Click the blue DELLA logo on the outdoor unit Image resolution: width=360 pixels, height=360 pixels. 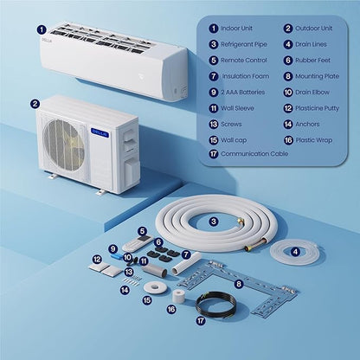pos(100,132)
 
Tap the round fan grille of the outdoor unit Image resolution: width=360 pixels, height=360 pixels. pos(64,145)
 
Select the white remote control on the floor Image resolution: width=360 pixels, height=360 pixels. pos(137,243)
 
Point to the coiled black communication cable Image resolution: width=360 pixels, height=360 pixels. pos(215,305)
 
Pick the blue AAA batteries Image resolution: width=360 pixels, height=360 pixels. pos(118,255)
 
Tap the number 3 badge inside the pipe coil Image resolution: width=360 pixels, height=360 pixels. pos(214,222)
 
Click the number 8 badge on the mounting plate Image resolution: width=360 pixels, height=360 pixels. pos(238,284)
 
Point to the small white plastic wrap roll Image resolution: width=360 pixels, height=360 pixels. pos(179,296)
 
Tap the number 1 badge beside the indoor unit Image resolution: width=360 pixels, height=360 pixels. pos(42,29)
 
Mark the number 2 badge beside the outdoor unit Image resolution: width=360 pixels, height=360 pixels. pos(35,104)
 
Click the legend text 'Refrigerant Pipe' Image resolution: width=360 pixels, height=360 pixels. pos(244,44)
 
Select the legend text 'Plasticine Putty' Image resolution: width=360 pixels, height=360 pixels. pos(317,108)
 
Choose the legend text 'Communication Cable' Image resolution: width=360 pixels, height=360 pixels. pos(254,154)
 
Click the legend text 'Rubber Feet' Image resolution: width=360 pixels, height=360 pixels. pos(312,61)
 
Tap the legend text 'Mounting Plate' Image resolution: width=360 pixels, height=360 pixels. pos(317,76)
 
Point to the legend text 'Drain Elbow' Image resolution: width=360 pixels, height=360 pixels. pos(312,93)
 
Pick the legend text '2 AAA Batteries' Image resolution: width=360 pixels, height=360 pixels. pos(243,93)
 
